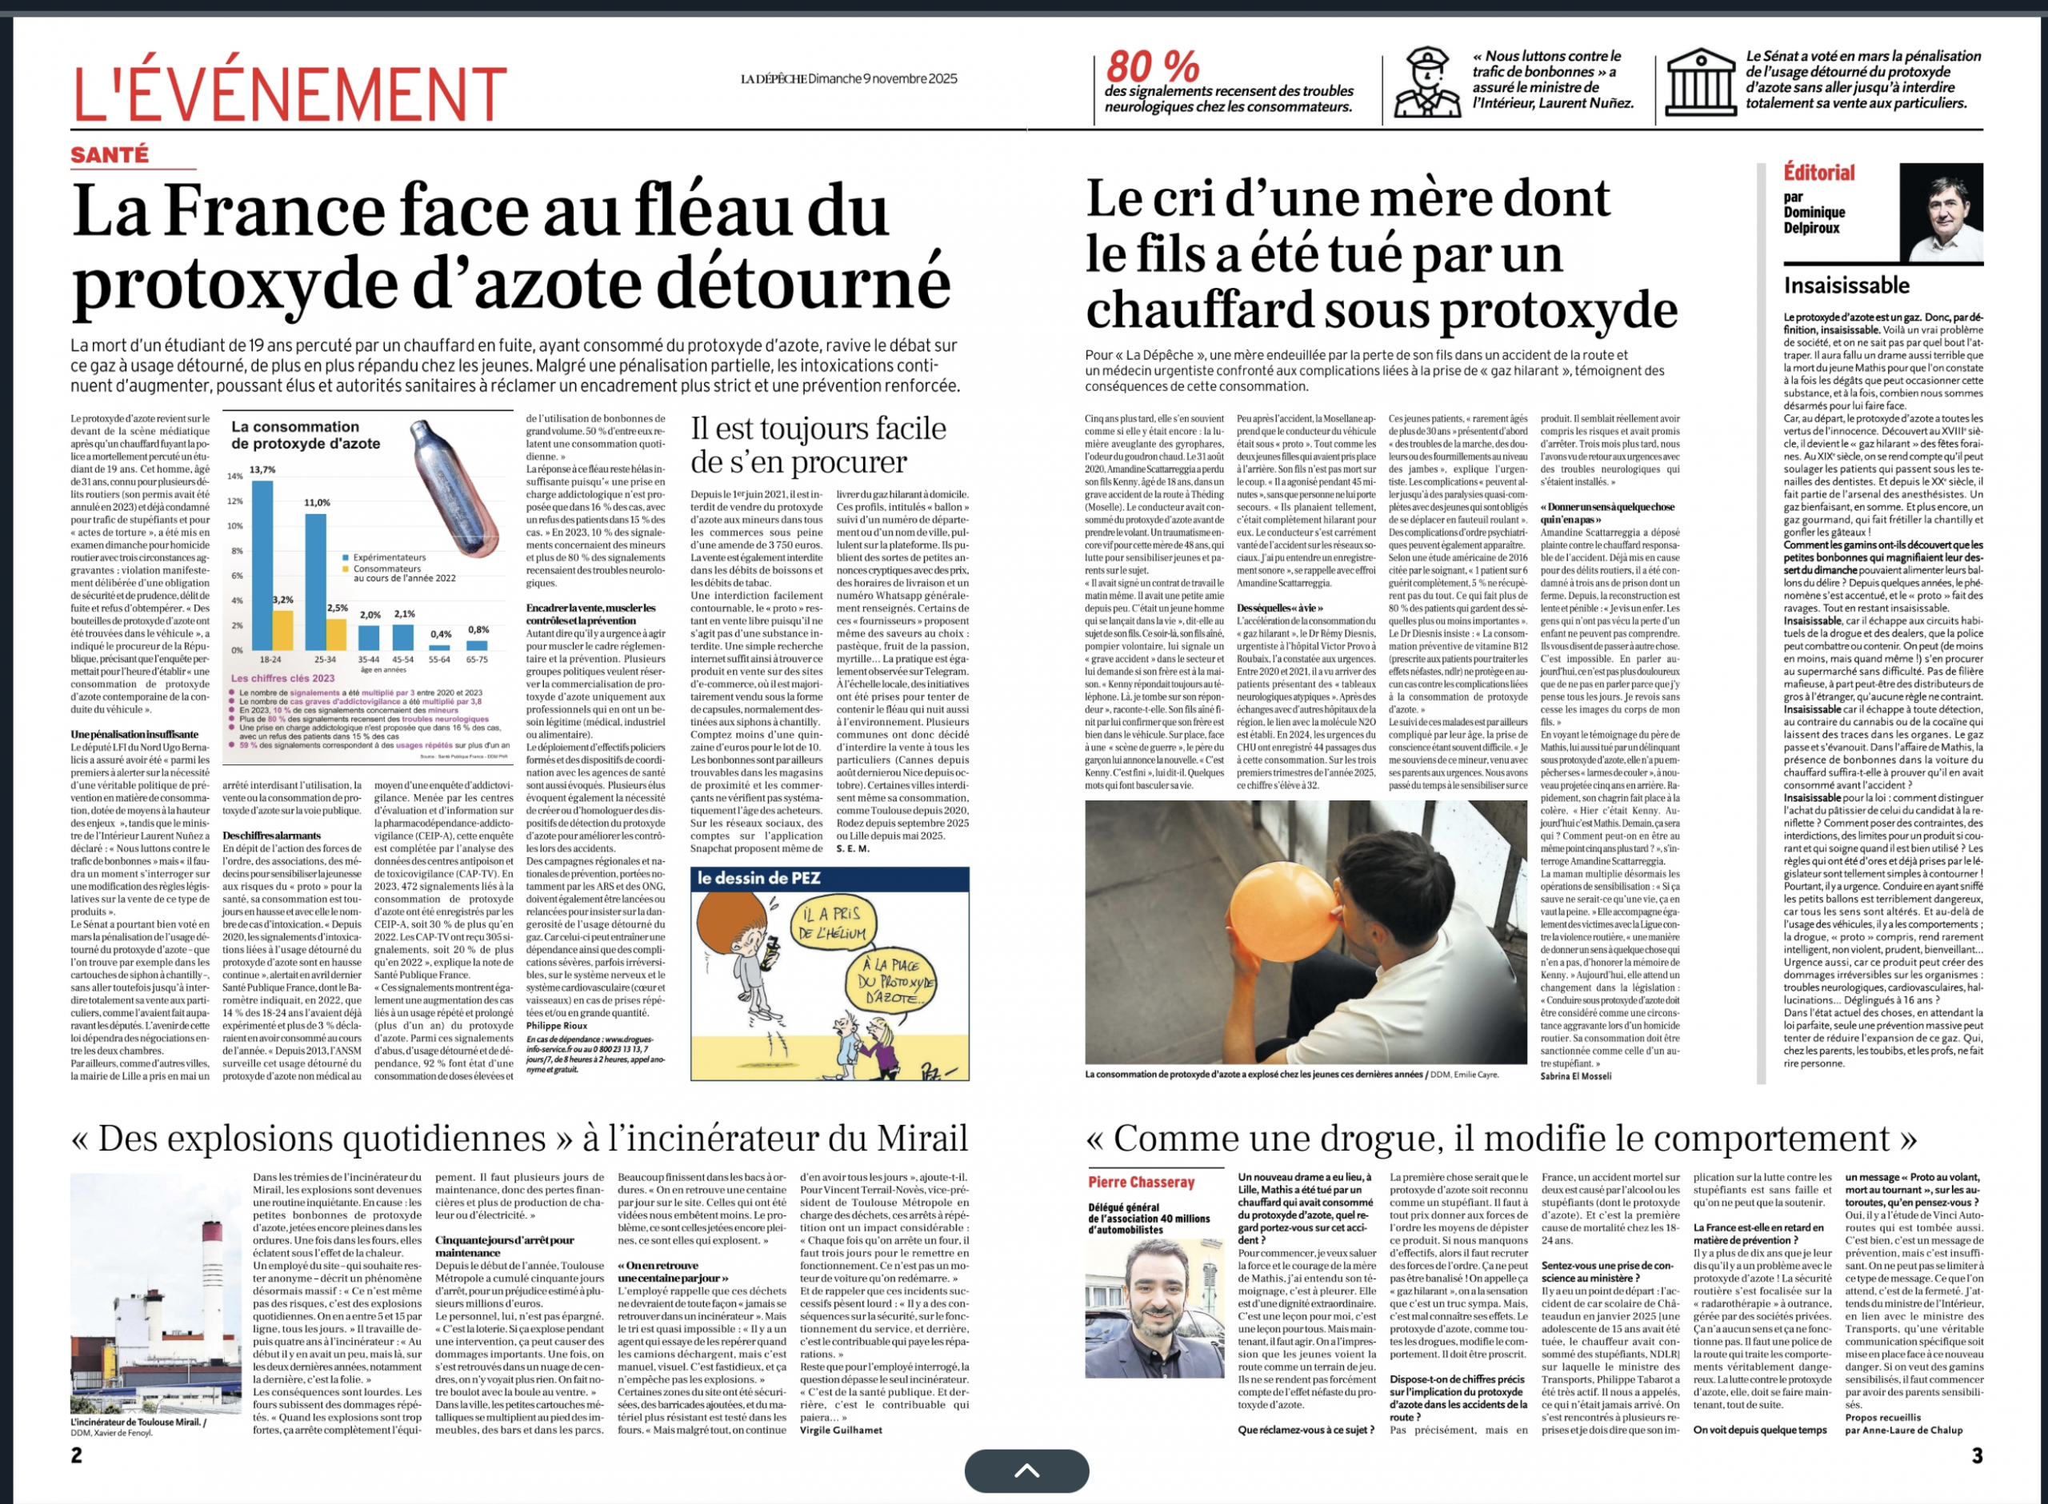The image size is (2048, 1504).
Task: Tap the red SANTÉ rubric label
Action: click(110, 155)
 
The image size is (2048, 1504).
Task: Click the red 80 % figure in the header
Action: click(1152, 66)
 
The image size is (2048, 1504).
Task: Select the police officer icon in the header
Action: click(1427, 82)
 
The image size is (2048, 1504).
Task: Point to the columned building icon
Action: click(1700, 82)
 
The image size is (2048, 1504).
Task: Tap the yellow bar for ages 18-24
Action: click(282, 629)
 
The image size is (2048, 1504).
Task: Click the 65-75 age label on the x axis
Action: click(477, 659)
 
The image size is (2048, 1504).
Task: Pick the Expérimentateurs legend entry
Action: click(389, 557)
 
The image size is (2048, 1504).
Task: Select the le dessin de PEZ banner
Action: click(758, 878)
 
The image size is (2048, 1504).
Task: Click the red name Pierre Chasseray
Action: click(1141, 1182)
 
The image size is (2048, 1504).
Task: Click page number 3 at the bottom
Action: click(1976, 1455)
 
